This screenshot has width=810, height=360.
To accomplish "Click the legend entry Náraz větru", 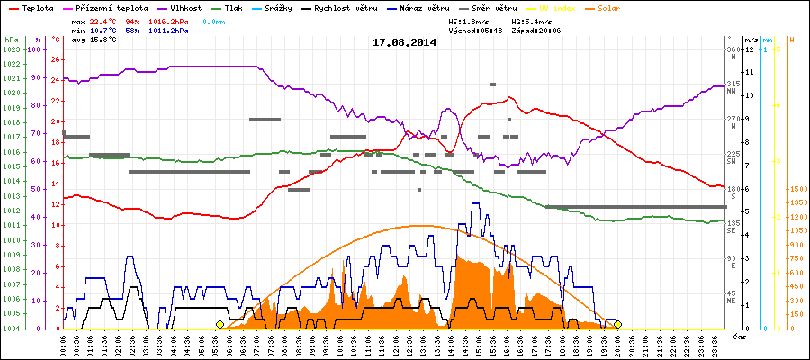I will tap(427, 7).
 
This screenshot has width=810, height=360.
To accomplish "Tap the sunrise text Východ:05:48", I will tap(475, 30).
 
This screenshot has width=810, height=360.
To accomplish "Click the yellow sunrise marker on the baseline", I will tap(220, 324).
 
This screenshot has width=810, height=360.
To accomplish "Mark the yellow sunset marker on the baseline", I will tap(617, 324).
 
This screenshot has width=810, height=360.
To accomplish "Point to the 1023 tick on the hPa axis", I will tap(11, 49).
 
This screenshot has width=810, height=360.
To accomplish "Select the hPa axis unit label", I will tap(11, 40).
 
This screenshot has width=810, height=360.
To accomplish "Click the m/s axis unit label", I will tap(751, 40).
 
